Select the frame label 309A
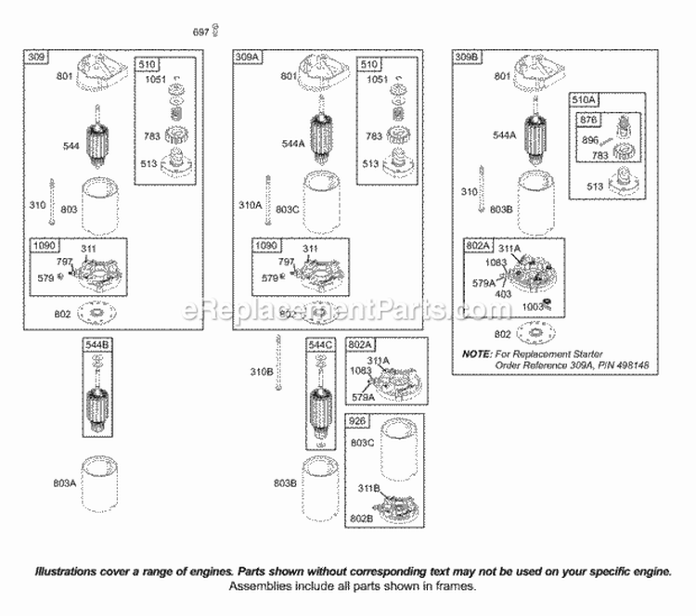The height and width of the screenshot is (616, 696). (x=247, y=57)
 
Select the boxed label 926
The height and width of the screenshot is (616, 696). (x=358, y=420)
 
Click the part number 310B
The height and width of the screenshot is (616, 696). (x=264, y=373)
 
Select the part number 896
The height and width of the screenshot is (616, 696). (x=591, y=140)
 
